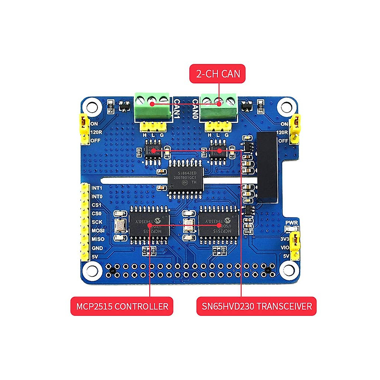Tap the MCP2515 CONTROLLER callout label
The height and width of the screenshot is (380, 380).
(x=122, y=306)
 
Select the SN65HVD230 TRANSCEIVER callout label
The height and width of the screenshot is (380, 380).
(x=256, y=306)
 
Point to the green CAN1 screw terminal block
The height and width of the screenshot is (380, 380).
(x=152, y=106)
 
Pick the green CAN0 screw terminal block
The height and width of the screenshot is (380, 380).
(x=218, y=106)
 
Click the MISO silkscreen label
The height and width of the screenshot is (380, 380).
(x=98, y=239)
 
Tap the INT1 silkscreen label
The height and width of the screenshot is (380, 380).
(x=97, y=188)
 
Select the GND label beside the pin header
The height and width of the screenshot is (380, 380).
(x=97, y=248)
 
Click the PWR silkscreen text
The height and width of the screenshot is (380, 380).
(x=292, y=223)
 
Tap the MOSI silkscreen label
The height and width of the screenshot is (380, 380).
(x=98, y=231)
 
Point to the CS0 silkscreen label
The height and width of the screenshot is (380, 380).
(x=96, y=213)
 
